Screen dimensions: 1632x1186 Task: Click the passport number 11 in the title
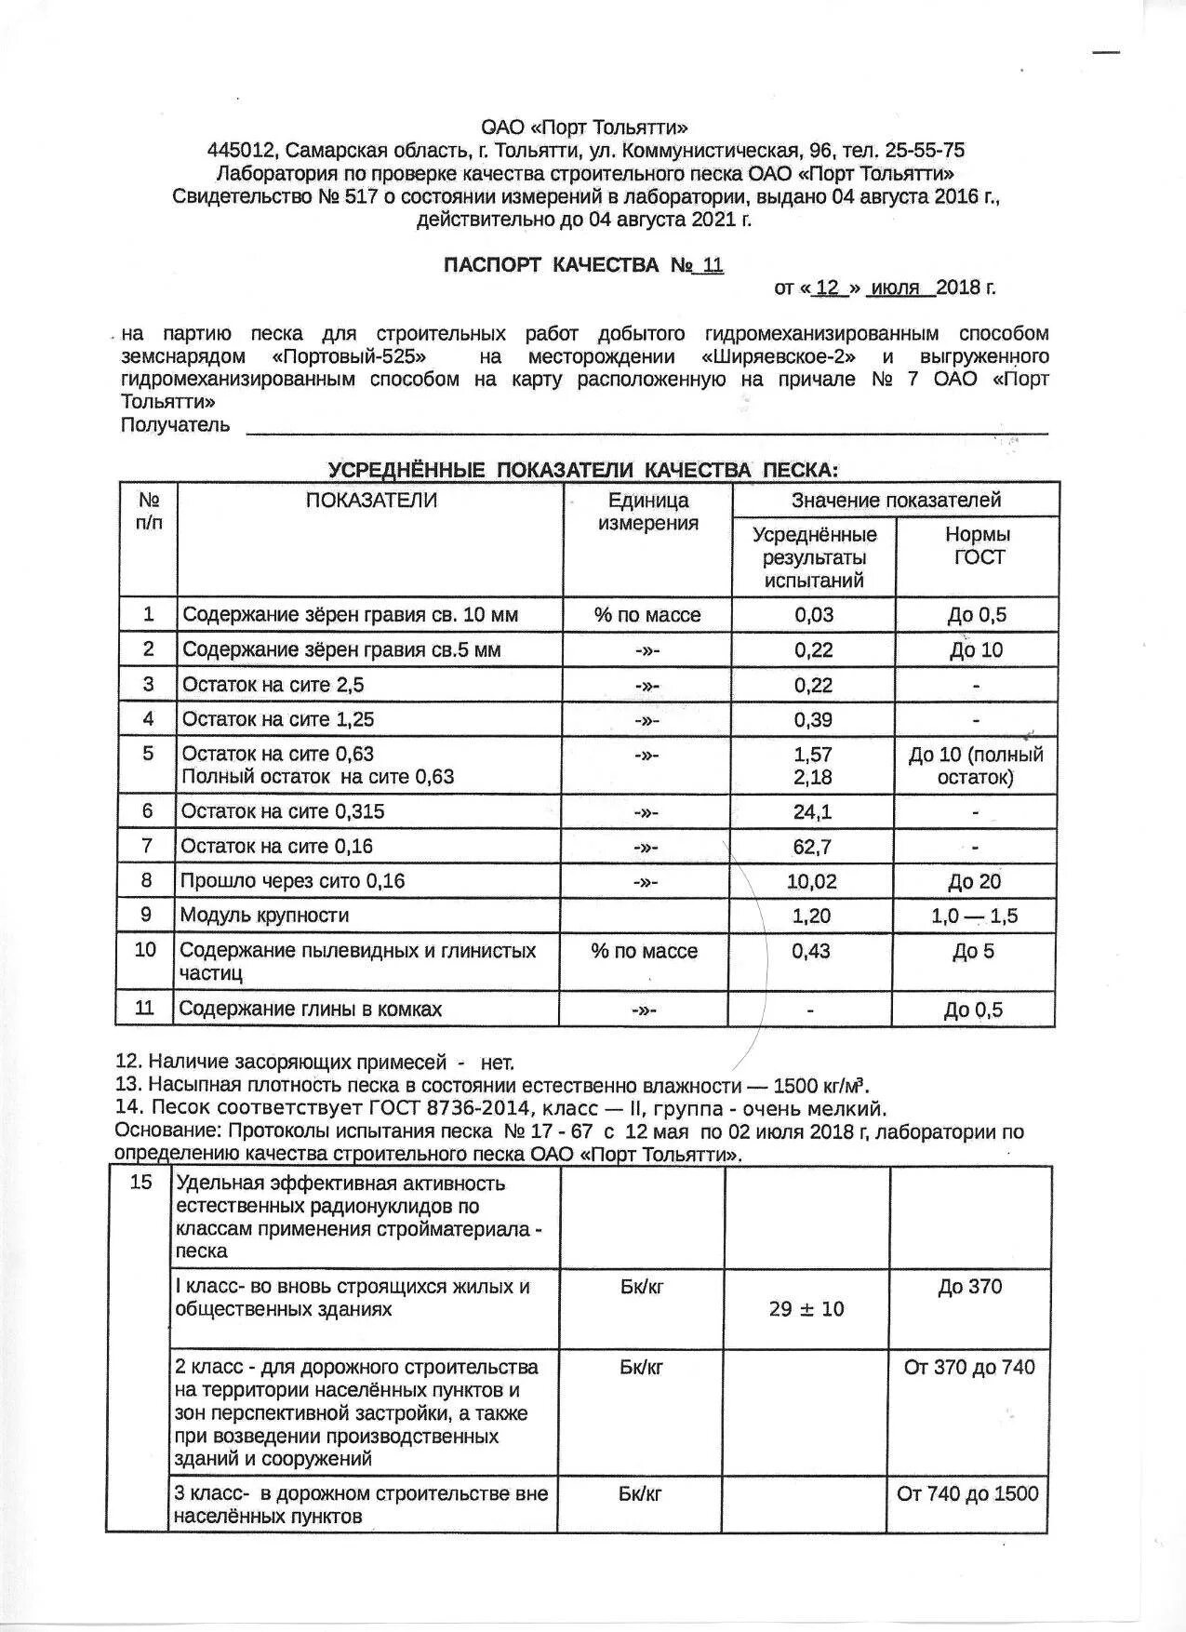(x=713, y=265)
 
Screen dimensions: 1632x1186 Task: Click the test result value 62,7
(x=812, y=847)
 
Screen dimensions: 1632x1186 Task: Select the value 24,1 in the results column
(x=812, y=812)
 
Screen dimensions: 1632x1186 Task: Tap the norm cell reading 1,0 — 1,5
(x=974, y=916)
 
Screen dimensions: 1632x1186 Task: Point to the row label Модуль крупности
(x=264, y=916)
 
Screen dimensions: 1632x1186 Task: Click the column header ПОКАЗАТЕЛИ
(x=370, y=501)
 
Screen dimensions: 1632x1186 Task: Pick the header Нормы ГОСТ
(x=978, y=546)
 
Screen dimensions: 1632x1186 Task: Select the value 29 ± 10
(x=806, y=1309)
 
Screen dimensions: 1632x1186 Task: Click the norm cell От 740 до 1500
(x=967, y=1494)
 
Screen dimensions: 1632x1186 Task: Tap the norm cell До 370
(x=970, y=1287)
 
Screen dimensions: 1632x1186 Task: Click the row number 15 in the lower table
(x=140, y=1184)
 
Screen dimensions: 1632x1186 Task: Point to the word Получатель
(x=175, y=426)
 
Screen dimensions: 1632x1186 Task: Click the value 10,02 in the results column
(x=812, y=881)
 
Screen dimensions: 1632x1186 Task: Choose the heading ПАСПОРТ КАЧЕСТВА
(x=551, y=265)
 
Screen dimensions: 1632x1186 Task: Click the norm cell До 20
(x=975, y=882)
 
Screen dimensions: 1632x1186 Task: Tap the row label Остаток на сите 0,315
(x=282, y=811)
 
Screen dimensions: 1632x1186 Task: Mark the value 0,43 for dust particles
(x=812, y=951)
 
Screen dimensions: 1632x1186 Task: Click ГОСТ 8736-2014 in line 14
(x=447, y=1109)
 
